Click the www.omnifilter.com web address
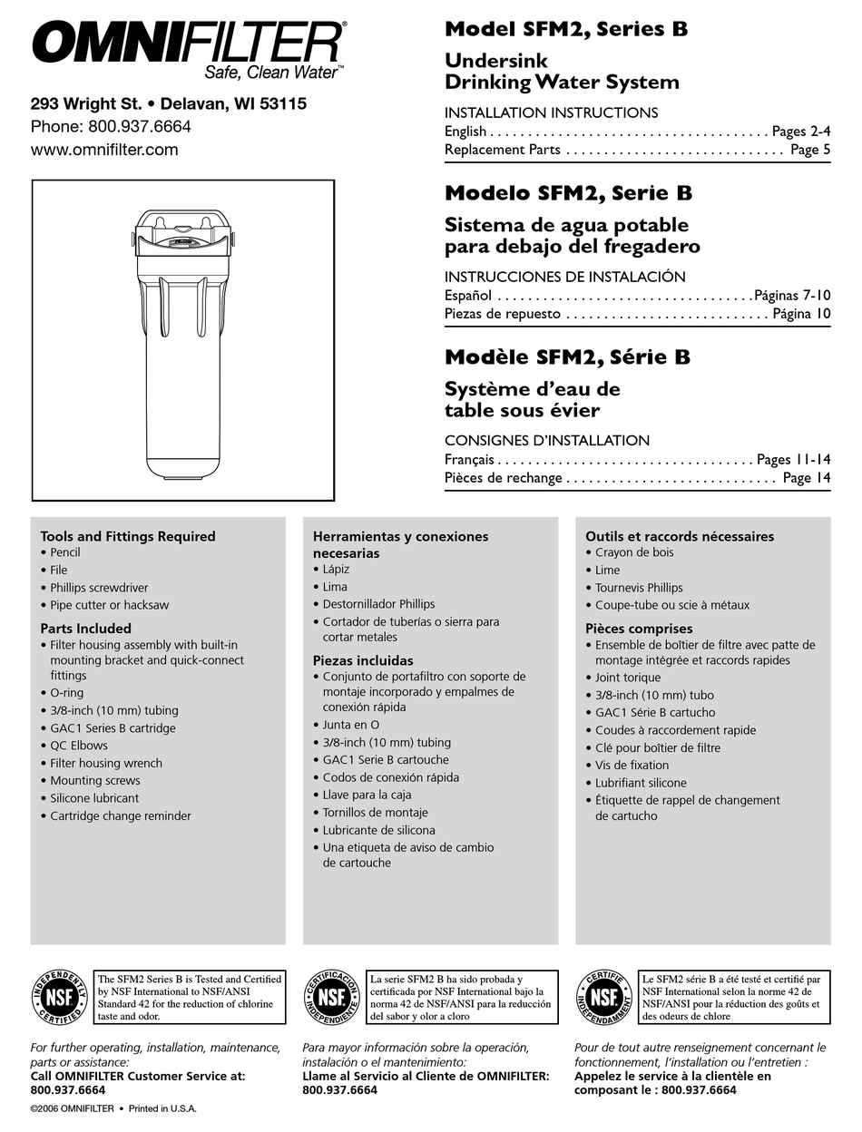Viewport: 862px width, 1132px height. click(104, 150)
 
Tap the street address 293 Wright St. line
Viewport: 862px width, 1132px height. click(169, 104)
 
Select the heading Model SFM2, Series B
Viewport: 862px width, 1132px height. click(565, 29)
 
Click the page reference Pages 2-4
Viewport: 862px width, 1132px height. click(801, 132)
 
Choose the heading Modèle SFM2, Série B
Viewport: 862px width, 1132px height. click(567, 357)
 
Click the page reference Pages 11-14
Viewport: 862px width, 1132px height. click(793, 460)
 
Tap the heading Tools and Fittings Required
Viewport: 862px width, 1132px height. click(128, 536)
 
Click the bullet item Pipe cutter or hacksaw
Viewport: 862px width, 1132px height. click(109, 605)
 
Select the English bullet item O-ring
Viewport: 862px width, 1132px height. click(66, 693)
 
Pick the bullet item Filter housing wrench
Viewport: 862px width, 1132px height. click(106, 763)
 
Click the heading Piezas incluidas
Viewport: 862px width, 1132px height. click(363, 660)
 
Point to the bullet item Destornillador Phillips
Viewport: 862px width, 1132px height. click(378, 604)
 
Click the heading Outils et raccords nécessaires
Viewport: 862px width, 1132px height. click(680, 536)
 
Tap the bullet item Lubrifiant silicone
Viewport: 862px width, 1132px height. click(641, 783)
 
